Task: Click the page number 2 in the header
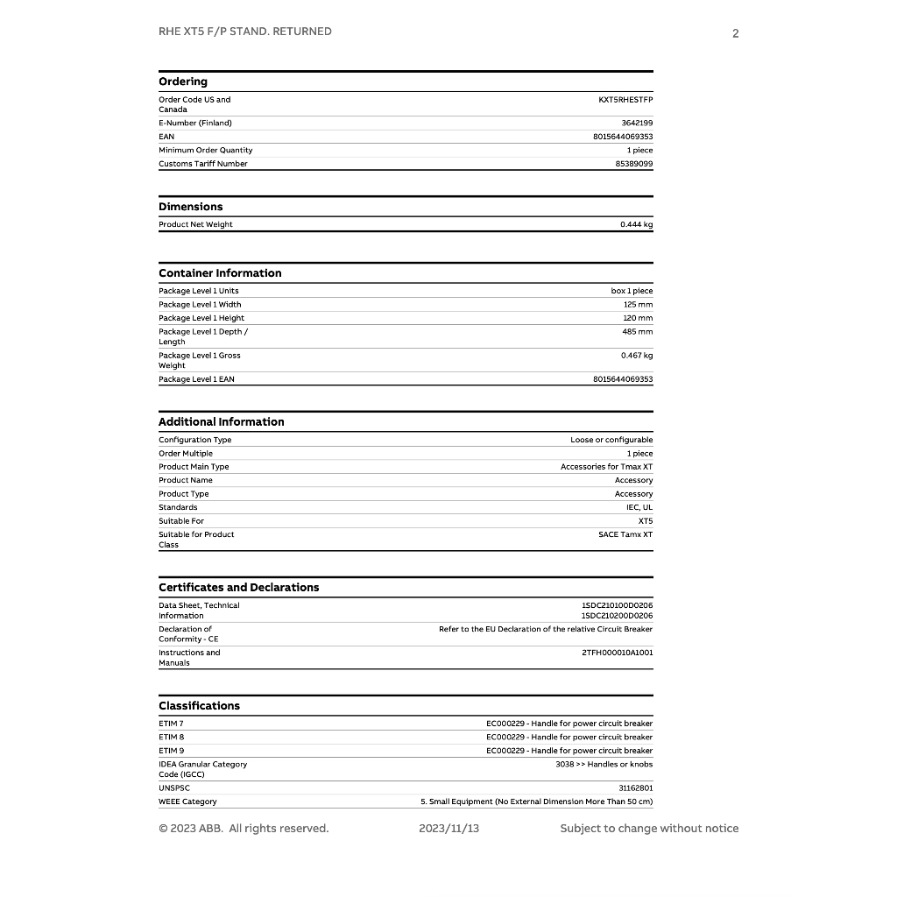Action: click(x=736, y=34)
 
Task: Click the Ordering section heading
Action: click(x=183, y=81)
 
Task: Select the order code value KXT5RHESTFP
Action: click(x=625, y=100)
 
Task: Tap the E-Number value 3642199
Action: click(x=637, y=124)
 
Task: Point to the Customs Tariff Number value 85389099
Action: click(x=634, y=164)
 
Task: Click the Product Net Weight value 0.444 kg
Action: click(x=636, y=225)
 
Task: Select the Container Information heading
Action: click(x=220, y=273)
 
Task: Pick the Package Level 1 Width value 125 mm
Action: click(x=638, y=305)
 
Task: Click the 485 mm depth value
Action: click(x=638, y=332)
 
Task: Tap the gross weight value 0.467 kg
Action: click(x=637, y=356)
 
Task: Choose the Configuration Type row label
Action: click(x=195, y=440)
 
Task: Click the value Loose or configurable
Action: click(x=611, y=440)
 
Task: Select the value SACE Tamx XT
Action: click(x=625, y=534)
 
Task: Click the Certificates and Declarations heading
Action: click(x=239, y=588)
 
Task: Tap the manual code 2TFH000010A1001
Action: click(x=618, y=653)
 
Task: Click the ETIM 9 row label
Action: click(x=172, y=751)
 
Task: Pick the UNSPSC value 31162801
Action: click(x=636, y=788)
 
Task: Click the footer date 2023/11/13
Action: click(x=449, y=829)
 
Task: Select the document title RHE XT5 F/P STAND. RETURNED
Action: click(x=245, y=32)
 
